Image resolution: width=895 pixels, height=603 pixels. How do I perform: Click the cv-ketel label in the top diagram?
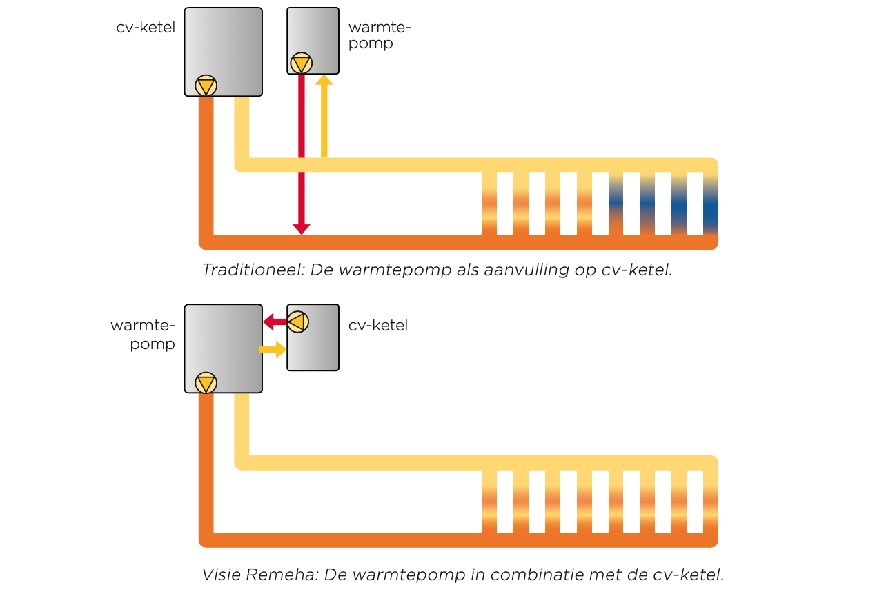click(146, 28)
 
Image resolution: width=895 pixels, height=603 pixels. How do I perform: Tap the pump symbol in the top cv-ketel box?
click(206, 86)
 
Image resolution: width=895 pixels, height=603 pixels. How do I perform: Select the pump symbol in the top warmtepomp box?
click(301, 64)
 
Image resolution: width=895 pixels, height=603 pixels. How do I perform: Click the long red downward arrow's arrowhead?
click(301, 229)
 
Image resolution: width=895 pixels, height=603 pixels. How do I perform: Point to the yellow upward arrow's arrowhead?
click(324, 80)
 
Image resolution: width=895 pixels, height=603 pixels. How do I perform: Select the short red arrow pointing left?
click(274, 322)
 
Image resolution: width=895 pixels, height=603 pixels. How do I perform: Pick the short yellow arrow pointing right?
click(273, 350)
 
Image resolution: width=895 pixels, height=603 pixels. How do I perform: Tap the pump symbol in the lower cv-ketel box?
click(298, 322)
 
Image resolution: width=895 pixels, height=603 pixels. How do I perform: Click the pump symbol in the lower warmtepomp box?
click(206, 382)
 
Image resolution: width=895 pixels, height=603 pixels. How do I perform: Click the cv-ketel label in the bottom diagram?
click(378, 325)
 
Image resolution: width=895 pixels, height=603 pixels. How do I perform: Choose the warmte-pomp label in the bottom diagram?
click(144, 334)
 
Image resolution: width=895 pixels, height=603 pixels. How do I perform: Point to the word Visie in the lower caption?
click(221, 575)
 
